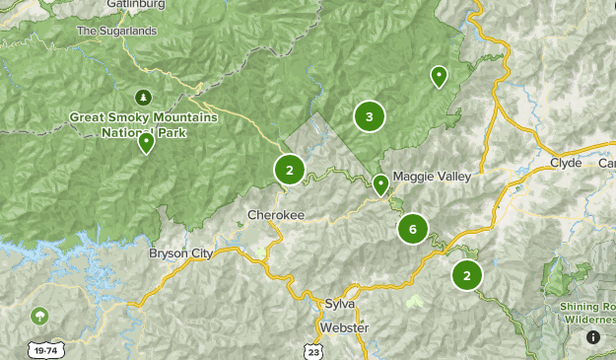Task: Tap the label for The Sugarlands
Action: (115, 31)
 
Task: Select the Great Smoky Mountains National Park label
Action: (143, 123)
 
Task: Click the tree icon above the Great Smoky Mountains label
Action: (144, 97)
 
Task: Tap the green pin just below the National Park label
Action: (146, 143)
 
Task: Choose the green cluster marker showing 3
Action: (369, 117)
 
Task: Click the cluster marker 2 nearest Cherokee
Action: (289, 170)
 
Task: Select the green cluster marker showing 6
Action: (412, 229)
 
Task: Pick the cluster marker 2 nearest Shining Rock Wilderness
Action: (466, 275)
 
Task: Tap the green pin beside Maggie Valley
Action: (380, 183)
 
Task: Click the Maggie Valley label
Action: (432, 177)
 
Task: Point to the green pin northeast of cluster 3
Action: (439, 76)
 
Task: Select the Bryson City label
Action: (180, 253)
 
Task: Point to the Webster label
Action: (343, 326)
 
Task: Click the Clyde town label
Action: (566, 162)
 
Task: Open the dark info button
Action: (593, 337)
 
